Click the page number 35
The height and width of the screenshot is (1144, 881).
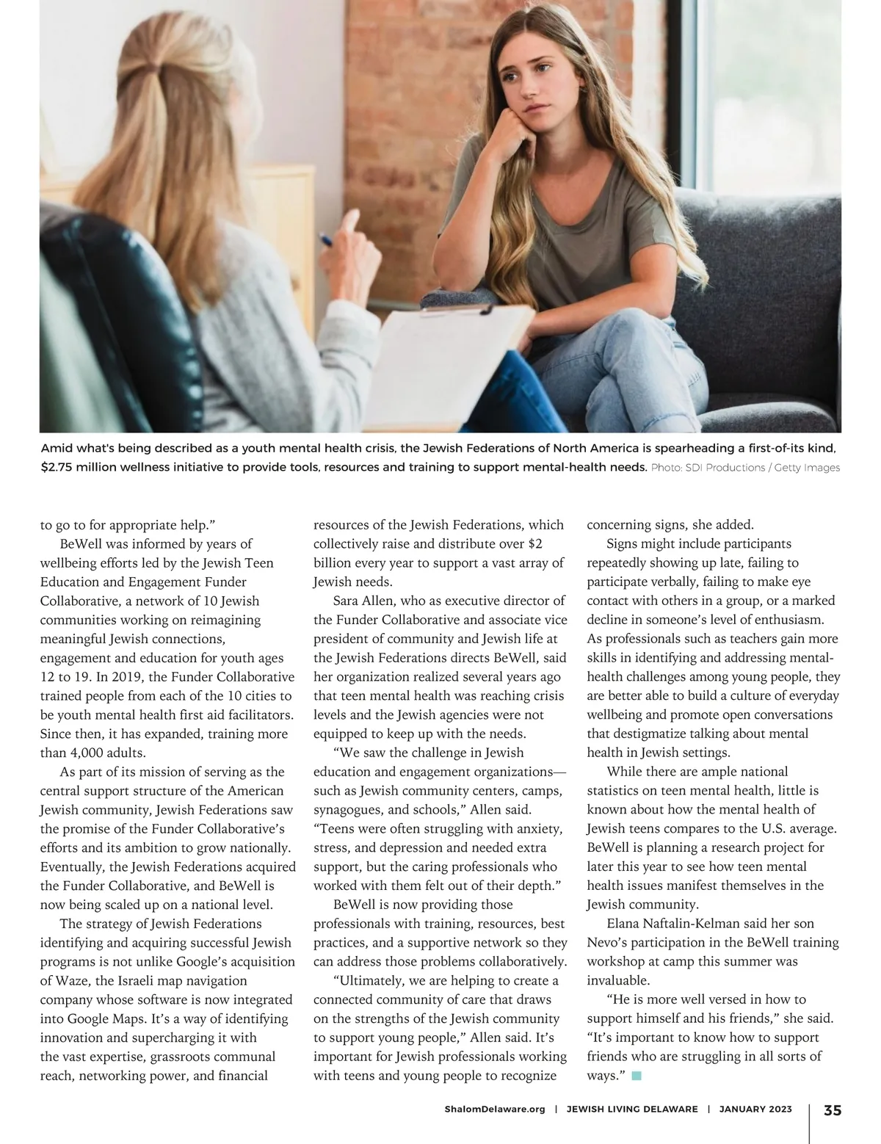(x=833, y=1109)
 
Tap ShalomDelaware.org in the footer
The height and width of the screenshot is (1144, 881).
(x=495, y=1109)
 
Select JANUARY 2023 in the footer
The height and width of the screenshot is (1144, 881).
(x=755, y=1109)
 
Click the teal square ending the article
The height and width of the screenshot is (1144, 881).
(x=637, y=1076)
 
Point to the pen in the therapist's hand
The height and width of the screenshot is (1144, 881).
(x=325, y=240)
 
